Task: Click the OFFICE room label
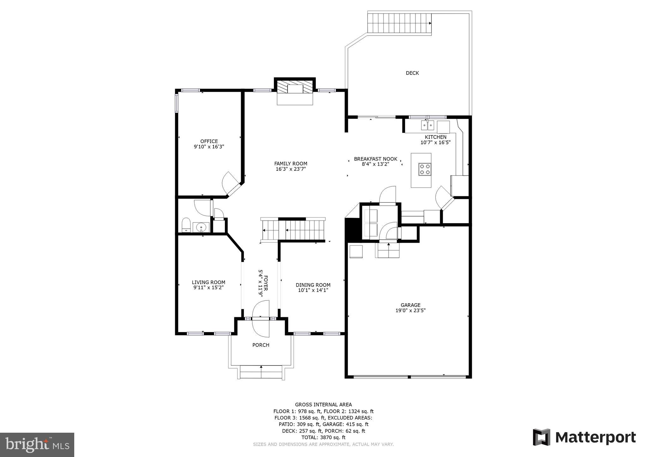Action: [x=209, y=141]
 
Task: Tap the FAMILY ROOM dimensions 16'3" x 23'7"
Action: [x=291, y=169]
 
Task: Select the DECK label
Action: [x=412, y=73]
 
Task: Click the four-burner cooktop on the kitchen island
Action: [x=425, y=169]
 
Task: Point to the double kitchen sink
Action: [x=427, y=126]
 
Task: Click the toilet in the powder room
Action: [x=186, y=225]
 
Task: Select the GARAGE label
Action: [x=410, y=305]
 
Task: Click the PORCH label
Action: [x=261, y=345]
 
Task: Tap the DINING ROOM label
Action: [x=313, y=285]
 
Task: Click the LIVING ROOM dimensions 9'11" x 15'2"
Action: [x=209, y=288]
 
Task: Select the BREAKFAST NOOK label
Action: [x=375, y=159]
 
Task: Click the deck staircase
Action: [x=399, y=23]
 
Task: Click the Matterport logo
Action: [x=584, y=437]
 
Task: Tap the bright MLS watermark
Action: [x=37, y=445]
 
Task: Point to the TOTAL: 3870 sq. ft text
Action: [x=323, y=437]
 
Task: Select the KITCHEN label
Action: [x=435, y=137]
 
